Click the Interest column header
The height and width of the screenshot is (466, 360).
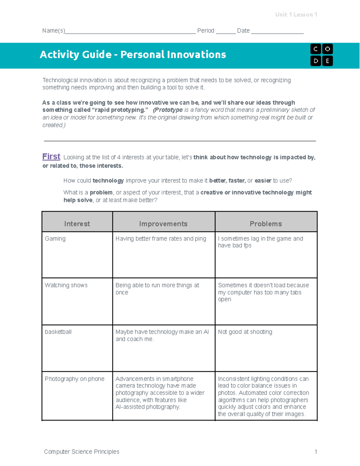77,224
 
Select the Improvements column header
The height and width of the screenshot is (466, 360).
163,224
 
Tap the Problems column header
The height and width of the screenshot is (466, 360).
266,224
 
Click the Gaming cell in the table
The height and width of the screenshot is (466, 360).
55,239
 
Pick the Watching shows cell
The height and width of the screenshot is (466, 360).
66,285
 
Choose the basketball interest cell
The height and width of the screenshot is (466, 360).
58,332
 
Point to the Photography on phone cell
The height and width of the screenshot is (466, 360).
74,379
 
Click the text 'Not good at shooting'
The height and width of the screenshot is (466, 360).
245,332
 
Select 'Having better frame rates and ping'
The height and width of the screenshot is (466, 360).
161,239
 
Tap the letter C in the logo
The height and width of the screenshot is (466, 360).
315,49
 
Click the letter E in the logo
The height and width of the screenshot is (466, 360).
327,61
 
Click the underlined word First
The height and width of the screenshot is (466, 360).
51,157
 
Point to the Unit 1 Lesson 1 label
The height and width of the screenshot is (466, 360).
296,14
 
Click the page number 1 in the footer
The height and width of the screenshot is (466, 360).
316,452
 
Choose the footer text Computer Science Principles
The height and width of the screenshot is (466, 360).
82,452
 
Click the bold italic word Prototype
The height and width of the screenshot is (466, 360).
168,110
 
